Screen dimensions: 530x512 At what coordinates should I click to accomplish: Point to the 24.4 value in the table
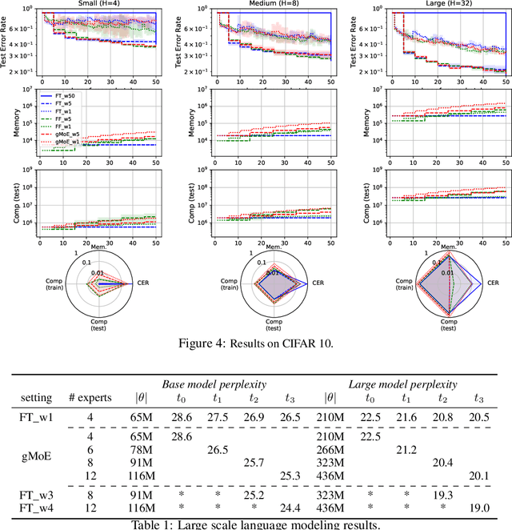tap(294, 509)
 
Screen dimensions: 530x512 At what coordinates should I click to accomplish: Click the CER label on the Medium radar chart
tap(318, 283)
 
